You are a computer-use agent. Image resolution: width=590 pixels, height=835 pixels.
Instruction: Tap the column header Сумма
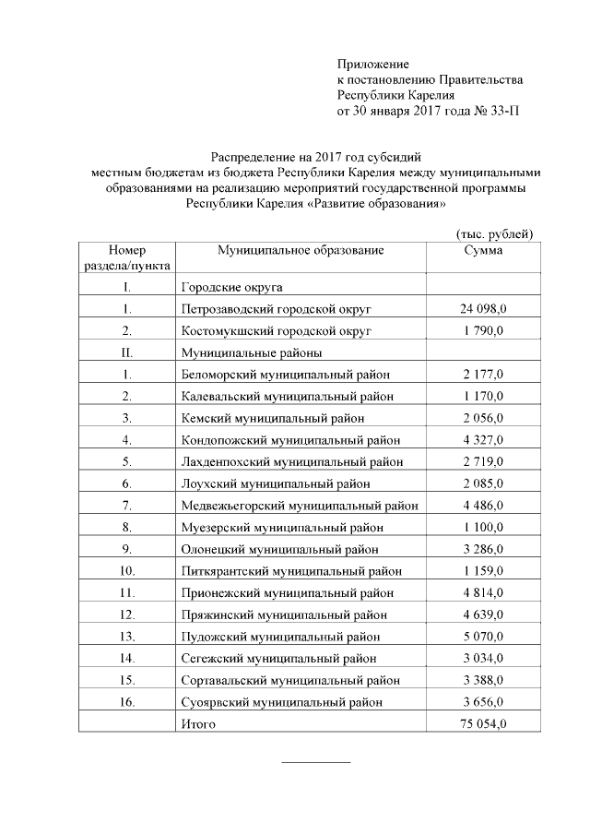tap(483, 251)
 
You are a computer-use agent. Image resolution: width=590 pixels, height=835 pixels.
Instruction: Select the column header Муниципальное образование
tap(300, 251)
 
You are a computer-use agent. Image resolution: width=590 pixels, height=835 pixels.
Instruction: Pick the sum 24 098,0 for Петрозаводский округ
tap(483, 308)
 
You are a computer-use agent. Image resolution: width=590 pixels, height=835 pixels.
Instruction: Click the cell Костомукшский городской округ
tap(277, 329)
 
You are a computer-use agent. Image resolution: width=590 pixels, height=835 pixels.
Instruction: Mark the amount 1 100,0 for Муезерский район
tap(483, 527)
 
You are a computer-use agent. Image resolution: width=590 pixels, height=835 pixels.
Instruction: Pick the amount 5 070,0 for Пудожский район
tap(483, 637)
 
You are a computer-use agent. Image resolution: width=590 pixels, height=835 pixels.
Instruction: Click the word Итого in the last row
tap(199, 724)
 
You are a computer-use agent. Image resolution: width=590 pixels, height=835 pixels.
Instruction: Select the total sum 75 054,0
tap(483, 724)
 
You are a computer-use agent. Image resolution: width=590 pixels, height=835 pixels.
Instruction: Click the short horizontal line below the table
tap(315, 762)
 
